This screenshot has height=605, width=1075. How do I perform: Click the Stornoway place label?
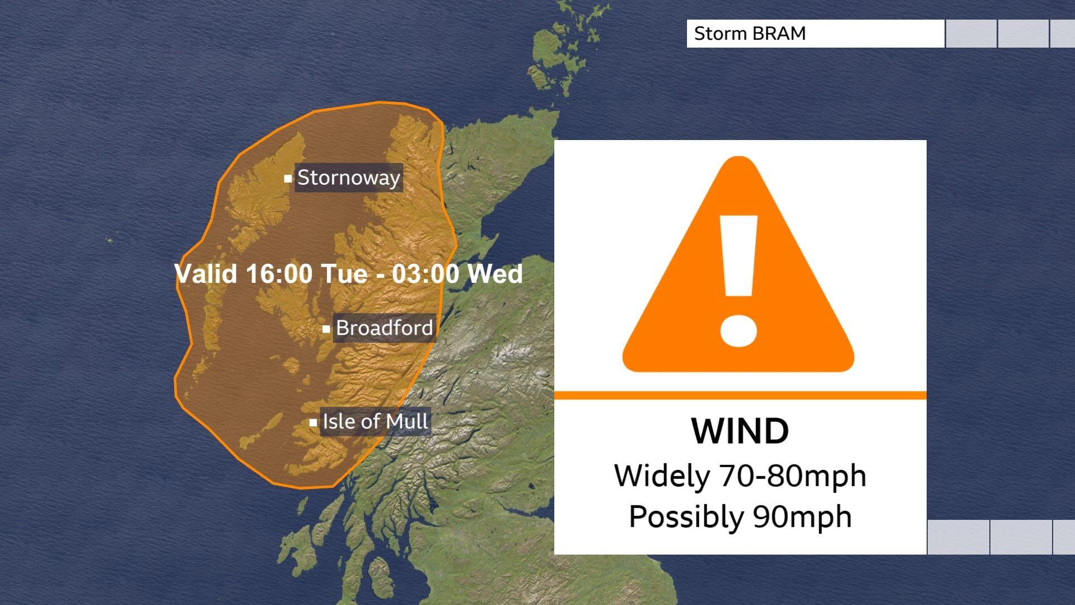coord(348,178)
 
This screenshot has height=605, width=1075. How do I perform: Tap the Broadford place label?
coord(384,328)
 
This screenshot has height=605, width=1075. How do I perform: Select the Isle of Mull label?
coord(375,421)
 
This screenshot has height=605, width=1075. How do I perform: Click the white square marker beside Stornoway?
coord(288,179)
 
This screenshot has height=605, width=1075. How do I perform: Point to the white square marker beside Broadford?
coord(326,329)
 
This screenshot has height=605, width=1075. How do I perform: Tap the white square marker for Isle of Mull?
coord(313,422)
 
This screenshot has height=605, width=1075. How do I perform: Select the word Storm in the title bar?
coord(719,34)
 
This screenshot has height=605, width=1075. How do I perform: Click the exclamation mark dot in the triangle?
coord(739,329)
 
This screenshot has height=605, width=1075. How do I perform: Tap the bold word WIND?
coord(740,431)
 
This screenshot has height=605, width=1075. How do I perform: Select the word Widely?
coord(662,476)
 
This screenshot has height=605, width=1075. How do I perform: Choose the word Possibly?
coord(686,516)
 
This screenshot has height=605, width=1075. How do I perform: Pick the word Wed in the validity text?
coord(495,274)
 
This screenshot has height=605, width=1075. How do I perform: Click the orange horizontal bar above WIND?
coord(740,395)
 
